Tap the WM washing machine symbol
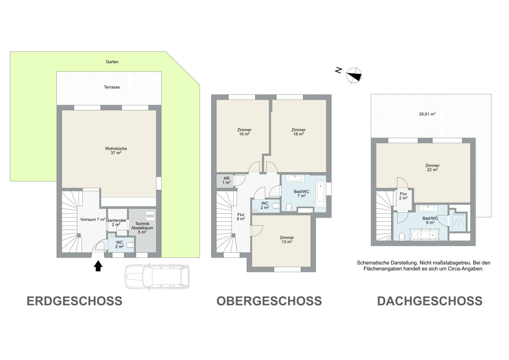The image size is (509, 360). (150, 216)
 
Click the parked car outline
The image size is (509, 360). (157, 277)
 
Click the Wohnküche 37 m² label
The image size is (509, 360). (116, 151)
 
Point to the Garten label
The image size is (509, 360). (112, 62)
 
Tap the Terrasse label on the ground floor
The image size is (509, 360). (112, 87)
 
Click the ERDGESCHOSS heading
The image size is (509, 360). (75, 301)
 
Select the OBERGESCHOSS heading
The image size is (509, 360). (269, 301)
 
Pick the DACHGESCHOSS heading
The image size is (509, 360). (430, 301)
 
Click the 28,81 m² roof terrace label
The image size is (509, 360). (427, 114)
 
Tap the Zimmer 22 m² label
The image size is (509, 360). (432, 167)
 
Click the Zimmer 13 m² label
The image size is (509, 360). (287, 240)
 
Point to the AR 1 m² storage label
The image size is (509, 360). (227, 180)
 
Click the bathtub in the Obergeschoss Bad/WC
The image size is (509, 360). (320, 193)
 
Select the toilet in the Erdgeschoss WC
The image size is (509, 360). (130, 245)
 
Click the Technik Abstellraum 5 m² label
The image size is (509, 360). (142, 228)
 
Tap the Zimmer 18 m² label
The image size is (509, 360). (298, 132)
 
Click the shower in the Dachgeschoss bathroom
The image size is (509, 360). (458, 222)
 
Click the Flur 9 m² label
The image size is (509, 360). (241, 217)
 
